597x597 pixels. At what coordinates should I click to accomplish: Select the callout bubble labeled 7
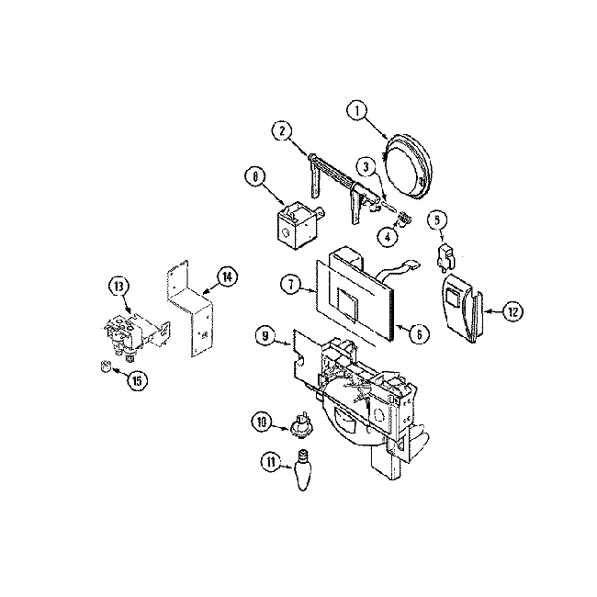pyautogui.click(x=290, y=286)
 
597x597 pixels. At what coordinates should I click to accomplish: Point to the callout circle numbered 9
pyautogui.click(x=265, y=338)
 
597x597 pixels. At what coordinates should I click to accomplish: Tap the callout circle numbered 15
pyautogui.click(x=137, y=378)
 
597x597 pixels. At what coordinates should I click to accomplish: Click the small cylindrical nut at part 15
pyautogui.click(x=106, y=369)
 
